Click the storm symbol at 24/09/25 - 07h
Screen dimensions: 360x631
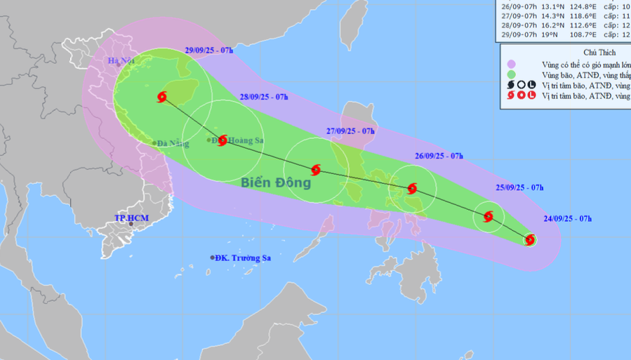pos(531,240)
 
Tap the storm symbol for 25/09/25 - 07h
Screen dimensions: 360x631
pos(489,216)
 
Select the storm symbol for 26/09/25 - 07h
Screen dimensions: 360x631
pos(412,188)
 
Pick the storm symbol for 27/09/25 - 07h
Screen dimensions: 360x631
pos(315,170)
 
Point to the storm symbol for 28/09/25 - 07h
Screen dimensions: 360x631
pos(222,140)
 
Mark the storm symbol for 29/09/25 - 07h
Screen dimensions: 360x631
pos(162,97)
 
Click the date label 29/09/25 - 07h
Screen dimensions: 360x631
pos(209,51)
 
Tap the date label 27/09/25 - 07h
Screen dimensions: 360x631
pos(350,131)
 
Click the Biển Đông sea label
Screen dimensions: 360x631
pos(275,183)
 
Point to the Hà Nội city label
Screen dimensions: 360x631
pos(120,61)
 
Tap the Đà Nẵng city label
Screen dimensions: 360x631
pos(173,143)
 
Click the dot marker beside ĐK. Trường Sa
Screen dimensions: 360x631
pos(213,258)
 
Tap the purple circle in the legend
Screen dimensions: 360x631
pos(512,64)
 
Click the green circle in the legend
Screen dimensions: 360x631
pos(512,74)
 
